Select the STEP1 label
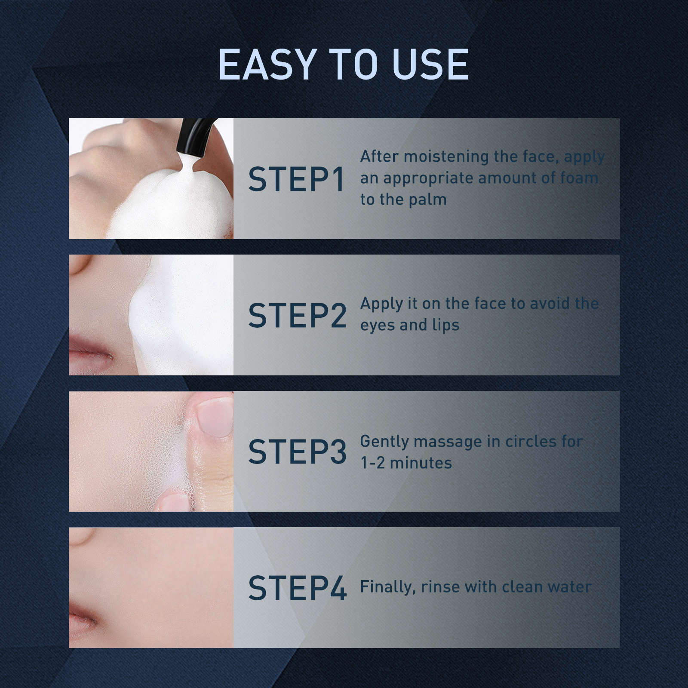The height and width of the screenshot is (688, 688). (x=297, y=179)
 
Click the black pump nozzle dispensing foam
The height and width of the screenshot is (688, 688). (x=193, y=138)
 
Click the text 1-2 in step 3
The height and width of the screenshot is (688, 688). (x=372, y=463)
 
